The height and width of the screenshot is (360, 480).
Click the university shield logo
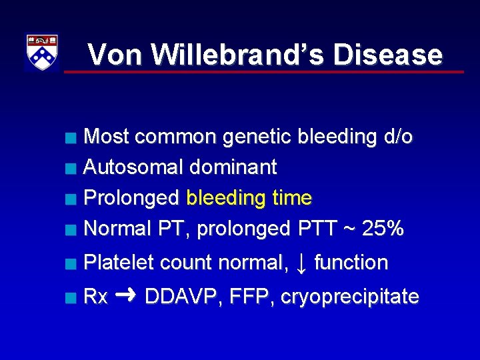click(x=41, y=52)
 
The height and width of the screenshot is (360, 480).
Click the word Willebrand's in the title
click(x=239, y=55)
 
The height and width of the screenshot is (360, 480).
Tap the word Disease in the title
click(x=387, y=55)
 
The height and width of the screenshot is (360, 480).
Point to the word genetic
click(x=257, y=137)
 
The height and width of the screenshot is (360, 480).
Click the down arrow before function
click(x=301, y=263)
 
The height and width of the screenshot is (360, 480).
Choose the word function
click(x=351, y=263)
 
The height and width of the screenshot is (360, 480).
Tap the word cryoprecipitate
click(x=350, y=297)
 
